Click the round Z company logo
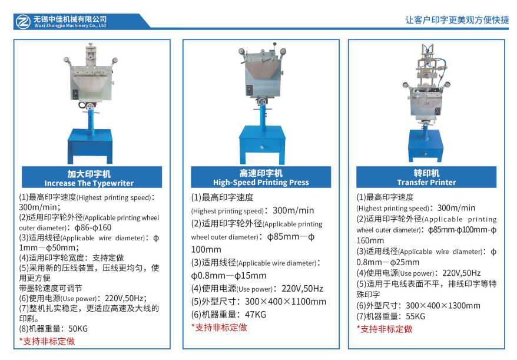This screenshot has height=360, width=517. (x=23, y=21)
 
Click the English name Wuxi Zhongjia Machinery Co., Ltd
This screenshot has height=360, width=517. (x=70, y=26)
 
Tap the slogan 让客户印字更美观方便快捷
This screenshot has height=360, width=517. (x=457, y=20)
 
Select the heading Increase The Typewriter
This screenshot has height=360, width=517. (x=89, y=183)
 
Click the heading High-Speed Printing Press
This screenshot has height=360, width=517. (x=261, y=183)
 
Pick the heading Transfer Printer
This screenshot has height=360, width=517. (x=426, y=183)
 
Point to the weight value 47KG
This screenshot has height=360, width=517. (x=255, y=315)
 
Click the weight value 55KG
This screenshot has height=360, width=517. (x=416, y=316)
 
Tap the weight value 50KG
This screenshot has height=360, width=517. (x=78, y=329)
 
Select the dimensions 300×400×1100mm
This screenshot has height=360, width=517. (x=286, y=302)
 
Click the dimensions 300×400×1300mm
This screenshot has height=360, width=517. (x=443, y=306)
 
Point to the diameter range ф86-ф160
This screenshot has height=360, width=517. (x=93, y=227)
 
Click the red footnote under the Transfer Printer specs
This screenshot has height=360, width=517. (x=385, y=329)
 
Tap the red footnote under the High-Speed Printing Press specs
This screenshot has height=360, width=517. (x=219, y=328)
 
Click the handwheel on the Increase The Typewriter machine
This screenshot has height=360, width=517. (x=90, y=107)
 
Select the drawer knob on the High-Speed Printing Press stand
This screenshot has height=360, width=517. (x=261, y=147)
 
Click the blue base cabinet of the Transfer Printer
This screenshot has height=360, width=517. (x=425, y=145)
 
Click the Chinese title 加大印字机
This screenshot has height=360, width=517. (x=89, y=174)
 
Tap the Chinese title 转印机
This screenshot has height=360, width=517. (x=426, y=173)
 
